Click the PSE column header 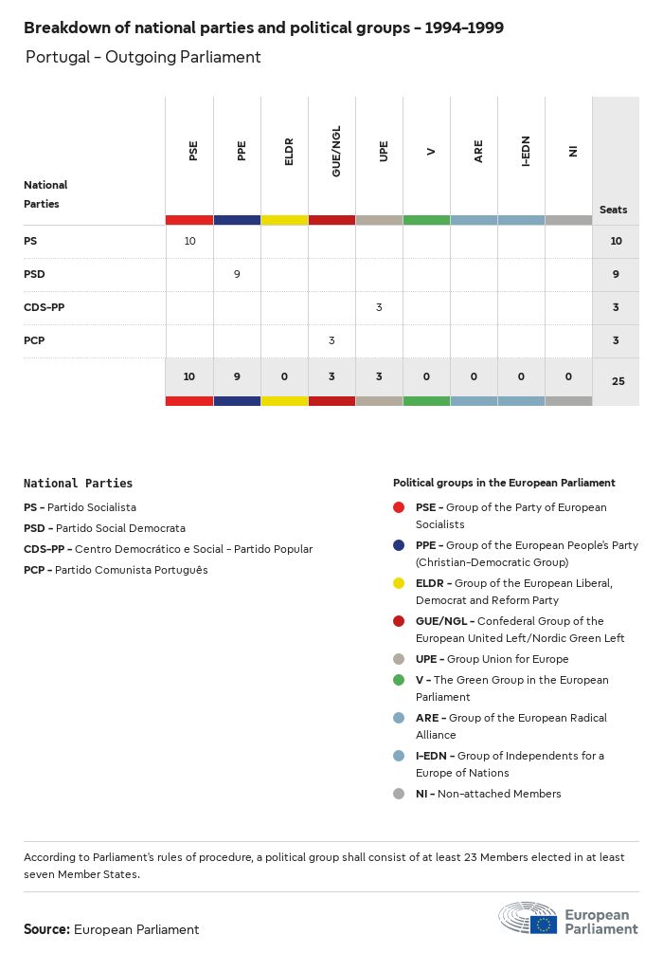click(x=193, y=151)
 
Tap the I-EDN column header click(x=526, y=152)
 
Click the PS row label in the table click(x=30, y=242)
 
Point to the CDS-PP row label click(x=45, y=307)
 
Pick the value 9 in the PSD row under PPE click(x=237, y=274)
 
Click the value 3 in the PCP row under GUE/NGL click(x=331, y=340)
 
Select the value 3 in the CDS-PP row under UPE click(x=379, y=307)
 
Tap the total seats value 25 click(x=618, y=381)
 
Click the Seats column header click(x=613, y=210)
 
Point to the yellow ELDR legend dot click(x=399, y=583)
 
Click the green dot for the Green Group click(x=399, y=680)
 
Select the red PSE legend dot click(x=399, y=507)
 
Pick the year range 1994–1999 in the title click(x=464, y=28)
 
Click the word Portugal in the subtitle click(x=57, y=57)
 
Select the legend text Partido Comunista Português click(x=131, y=570)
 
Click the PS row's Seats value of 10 click(x=616, y=242)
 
